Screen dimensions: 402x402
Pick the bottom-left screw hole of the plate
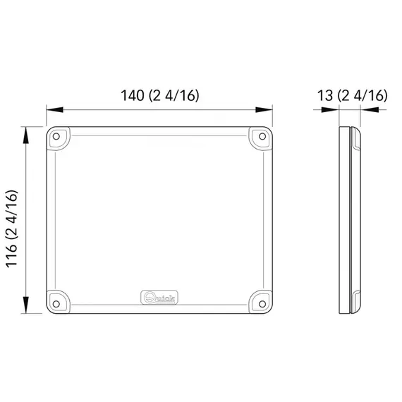coord(58,303)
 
